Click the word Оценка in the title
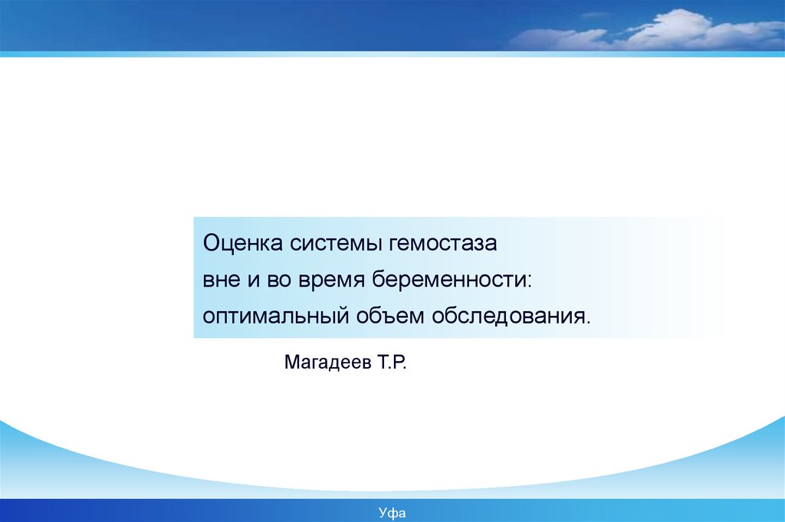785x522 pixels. pos(243,244)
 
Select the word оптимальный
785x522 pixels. pos(275,317)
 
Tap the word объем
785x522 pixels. pos(390,315)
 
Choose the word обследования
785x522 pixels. pos(507,315)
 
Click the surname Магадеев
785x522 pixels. pos(328,362)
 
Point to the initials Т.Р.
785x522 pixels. pos(392,362)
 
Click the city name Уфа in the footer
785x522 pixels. pos(392,513)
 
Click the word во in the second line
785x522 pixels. pos(279,281)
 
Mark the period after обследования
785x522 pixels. pos(587,322)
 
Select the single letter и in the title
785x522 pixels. pos(253,281)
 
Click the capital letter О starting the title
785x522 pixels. pos(212,243)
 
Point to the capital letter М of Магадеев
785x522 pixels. pos(292,362)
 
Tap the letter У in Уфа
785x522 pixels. pos(383,513)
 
